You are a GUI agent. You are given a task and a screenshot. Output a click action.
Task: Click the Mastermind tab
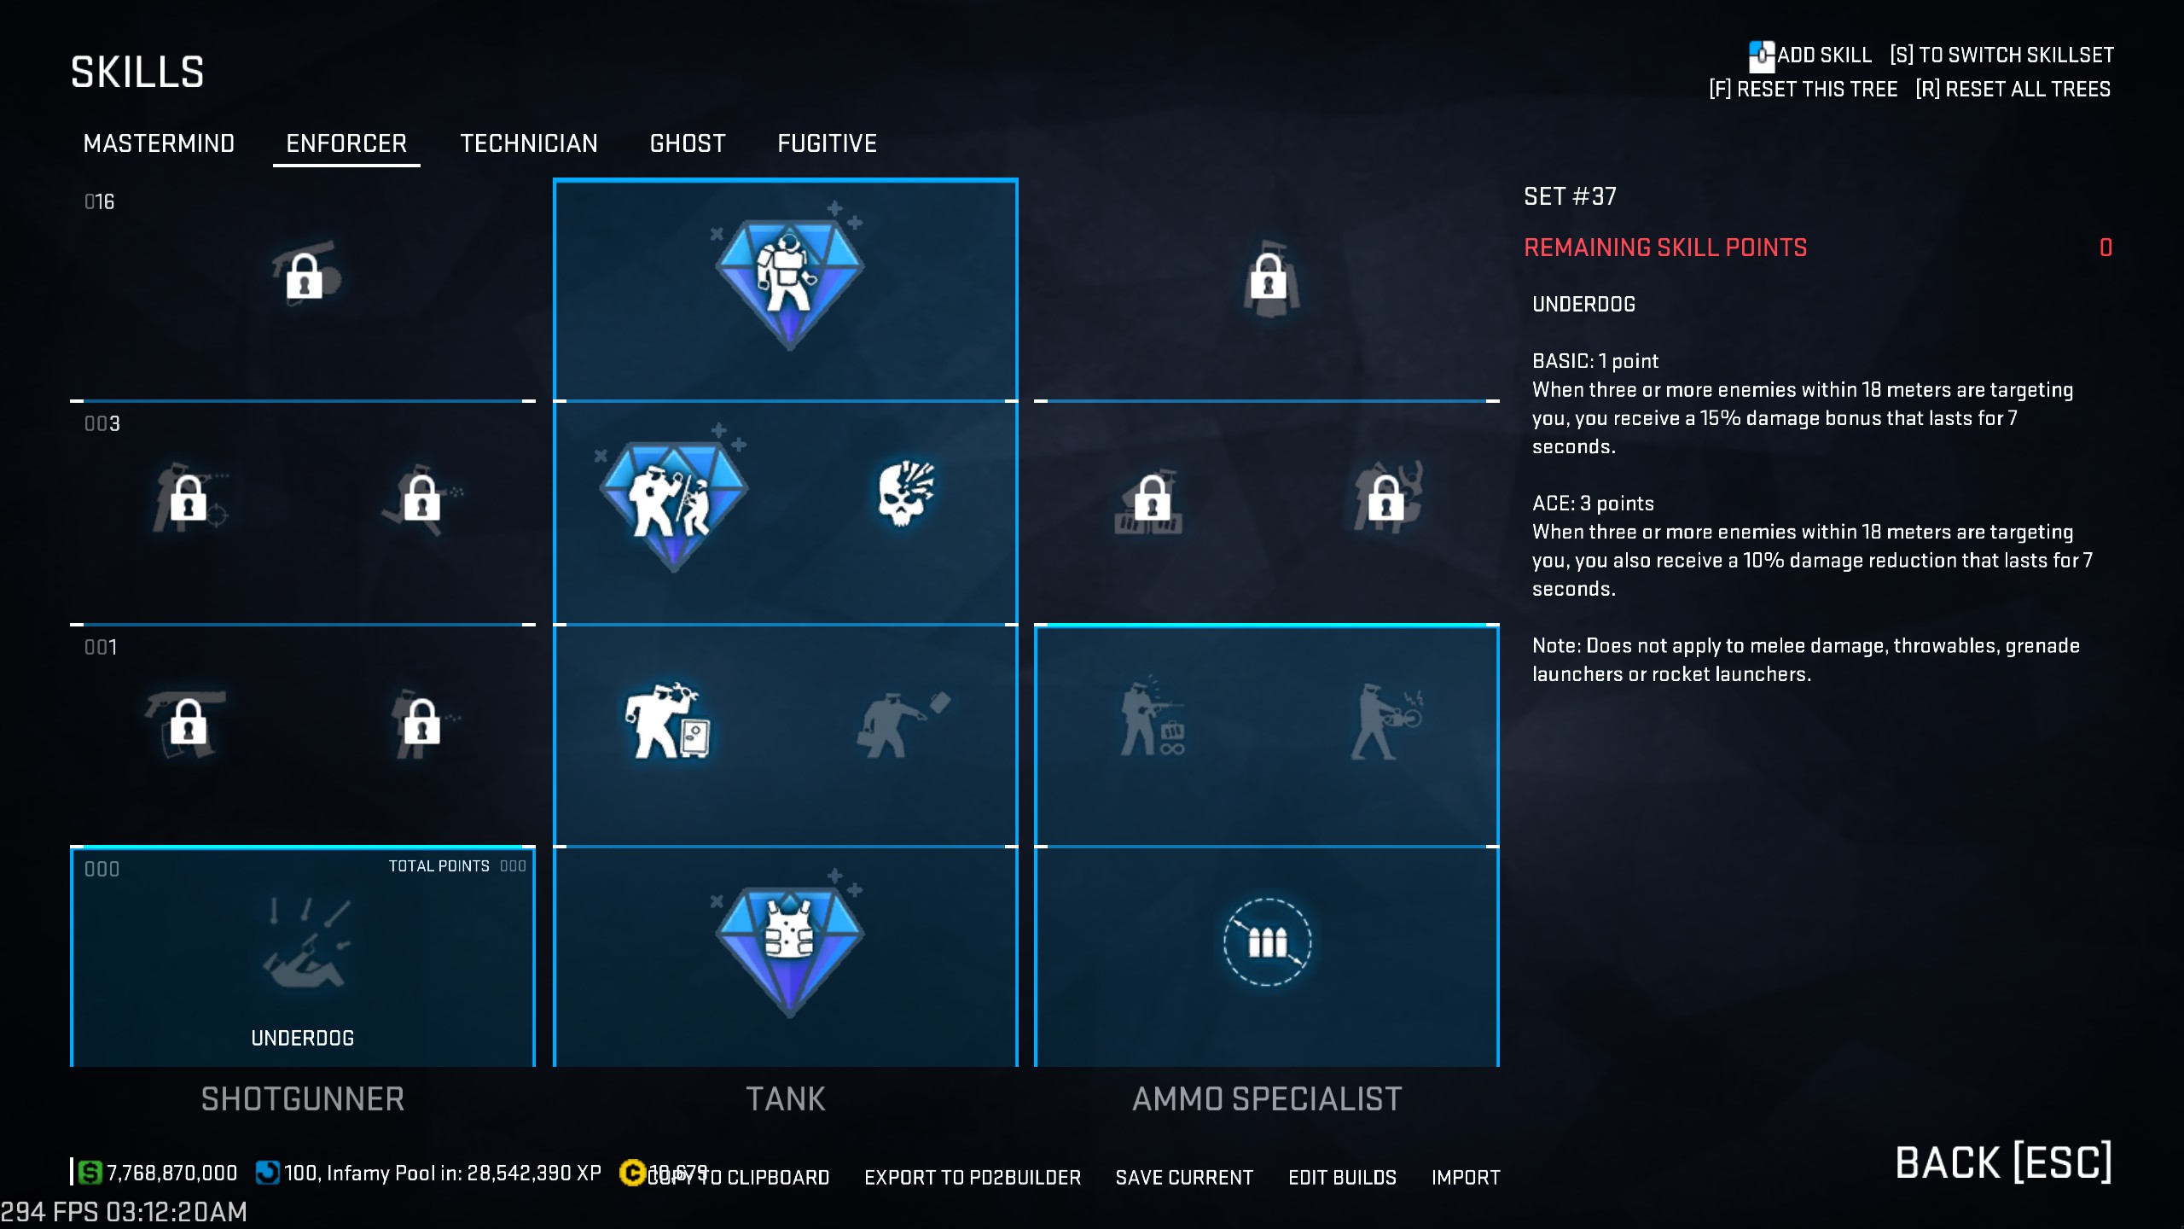point(159,143)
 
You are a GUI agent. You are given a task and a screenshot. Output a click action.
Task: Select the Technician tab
point(529,143)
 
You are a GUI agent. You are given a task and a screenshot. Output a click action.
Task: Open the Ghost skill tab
point(688,143)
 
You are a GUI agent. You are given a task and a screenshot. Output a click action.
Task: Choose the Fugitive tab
point(827,143)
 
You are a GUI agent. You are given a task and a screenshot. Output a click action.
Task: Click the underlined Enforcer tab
point(346,143)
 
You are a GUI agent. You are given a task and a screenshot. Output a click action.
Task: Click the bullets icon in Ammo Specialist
point(1267,942)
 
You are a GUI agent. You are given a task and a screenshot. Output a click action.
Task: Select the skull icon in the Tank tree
point(905,493)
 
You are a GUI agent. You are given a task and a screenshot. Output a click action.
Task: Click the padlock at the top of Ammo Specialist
point(1268,277)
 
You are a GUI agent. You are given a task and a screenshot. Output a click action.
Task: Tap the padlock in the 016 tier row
point(305,275)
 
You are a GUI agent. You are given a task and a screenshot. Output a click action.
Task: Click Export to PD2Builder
point(973,1178)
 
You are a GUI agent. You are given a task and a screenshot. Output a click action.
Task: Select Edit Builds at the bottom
point(1342,1178)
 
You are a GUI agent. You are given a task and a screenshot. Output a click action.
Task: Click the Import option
point(1466,1178)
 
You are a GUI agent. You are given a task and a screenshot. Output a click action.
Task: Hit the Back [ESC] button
point(2003,1162)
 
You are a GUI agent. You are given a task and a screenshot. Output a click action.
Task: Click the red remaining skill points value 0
point(2106,248)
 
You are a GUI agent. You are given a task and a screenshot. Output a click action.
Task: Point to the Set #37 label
point(1570,196)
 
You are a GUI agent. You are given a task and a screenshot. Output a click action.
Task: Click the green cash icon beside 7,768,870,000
point(90,1173)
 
